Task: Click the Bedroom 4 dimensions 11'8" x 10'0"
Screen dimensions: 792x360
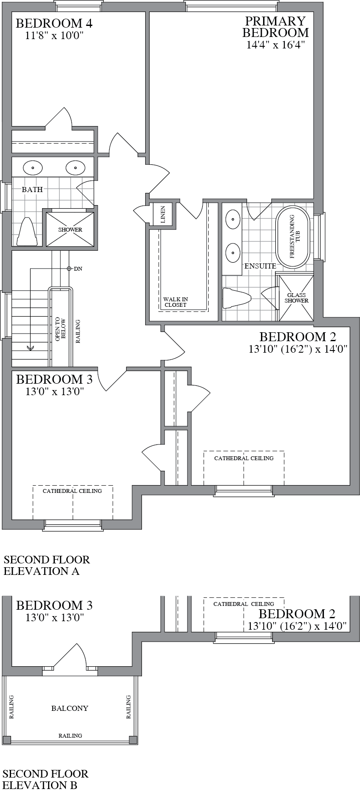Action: pos(54,36)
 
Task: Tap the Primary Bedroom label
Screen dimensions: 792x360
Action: pos(275,27)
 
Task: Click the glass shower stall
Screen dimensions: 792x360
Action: pos(296,298)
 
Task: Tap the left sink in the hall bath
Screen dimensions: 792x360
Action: pos(33,168)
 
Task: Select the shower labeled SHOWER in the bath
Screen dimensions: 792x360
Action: pos(70,229)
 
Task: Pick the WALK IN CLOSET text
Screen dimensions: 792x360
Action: pos(176,302)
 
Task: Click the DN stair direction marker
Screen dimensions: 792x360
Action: pos(77,269)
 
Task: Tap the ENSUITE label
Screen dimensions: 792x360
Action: pos(260,266)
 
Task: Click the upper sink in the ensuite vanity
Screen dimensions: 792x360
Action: pos(233,221)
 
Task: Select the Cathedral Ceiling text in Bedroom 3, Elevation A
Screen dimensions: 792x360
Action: pos(72,491)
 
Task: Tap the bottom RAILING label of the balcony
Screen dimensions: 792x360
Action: pos(70,735)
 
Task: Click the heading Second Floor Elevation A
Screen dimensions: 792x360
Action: pos(47,565)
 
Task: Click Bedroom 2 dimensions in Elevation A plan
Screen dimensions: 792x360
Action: pos(298,349)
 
